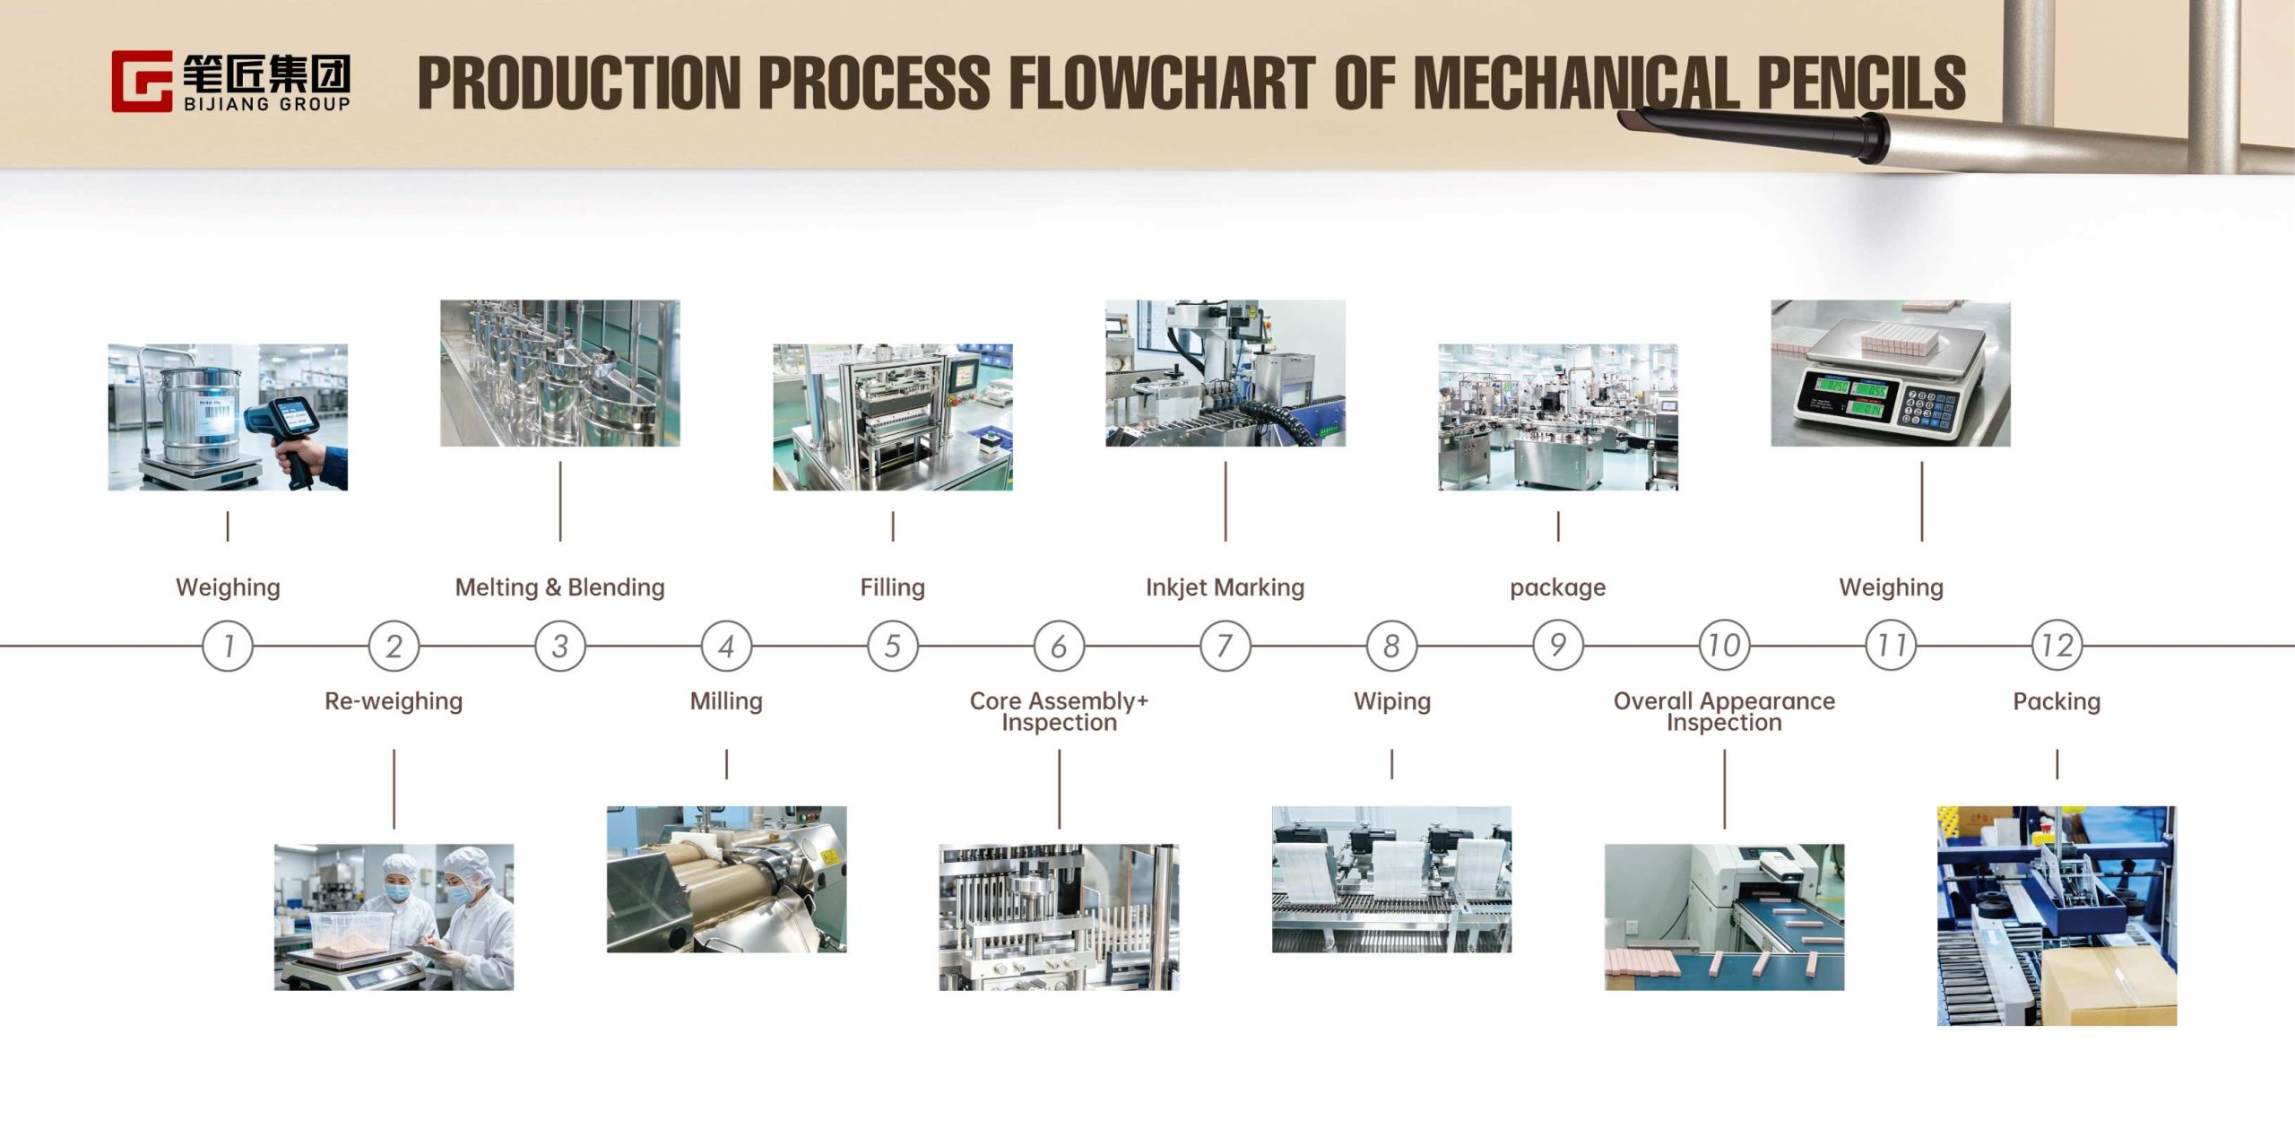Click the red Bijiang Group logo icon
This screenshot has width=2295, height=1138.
[x=142, y=82]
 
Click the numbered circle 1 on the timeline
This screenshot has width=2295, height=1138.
[x=228, y=646]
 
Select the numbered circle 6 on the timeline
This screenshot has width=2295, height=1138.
[x=1059, y=646]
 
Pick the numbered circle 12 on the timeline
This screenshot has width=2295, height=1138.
[x=2057, y=646]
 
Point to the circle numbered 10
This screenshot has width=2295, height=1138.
[x=1724, y=646]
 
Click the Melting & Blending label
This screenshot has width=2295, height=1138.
[x=560, y=587]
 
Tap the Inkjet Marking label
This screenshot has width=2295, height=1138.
[x=1225, y=587]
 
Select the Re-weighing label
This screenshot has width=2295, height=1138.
[x=394, y=701]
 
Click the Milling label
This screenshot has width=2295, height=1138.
[x=726, y=701]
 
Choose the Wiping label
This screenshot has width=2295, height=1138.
[x=1392, y=701]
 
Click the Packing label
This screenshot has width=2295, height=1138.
[x=2057, y=701]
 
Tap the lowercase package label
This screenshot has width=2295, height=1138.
[x=1558, y=588]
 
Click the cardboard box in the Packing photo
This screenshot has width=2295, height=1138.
[x=2109, y=986]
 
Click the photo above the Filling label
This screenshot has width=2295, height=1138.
[x=893, y=417]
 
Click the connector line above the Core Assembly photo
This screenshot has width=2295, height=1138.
[x=1059, y=789]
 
